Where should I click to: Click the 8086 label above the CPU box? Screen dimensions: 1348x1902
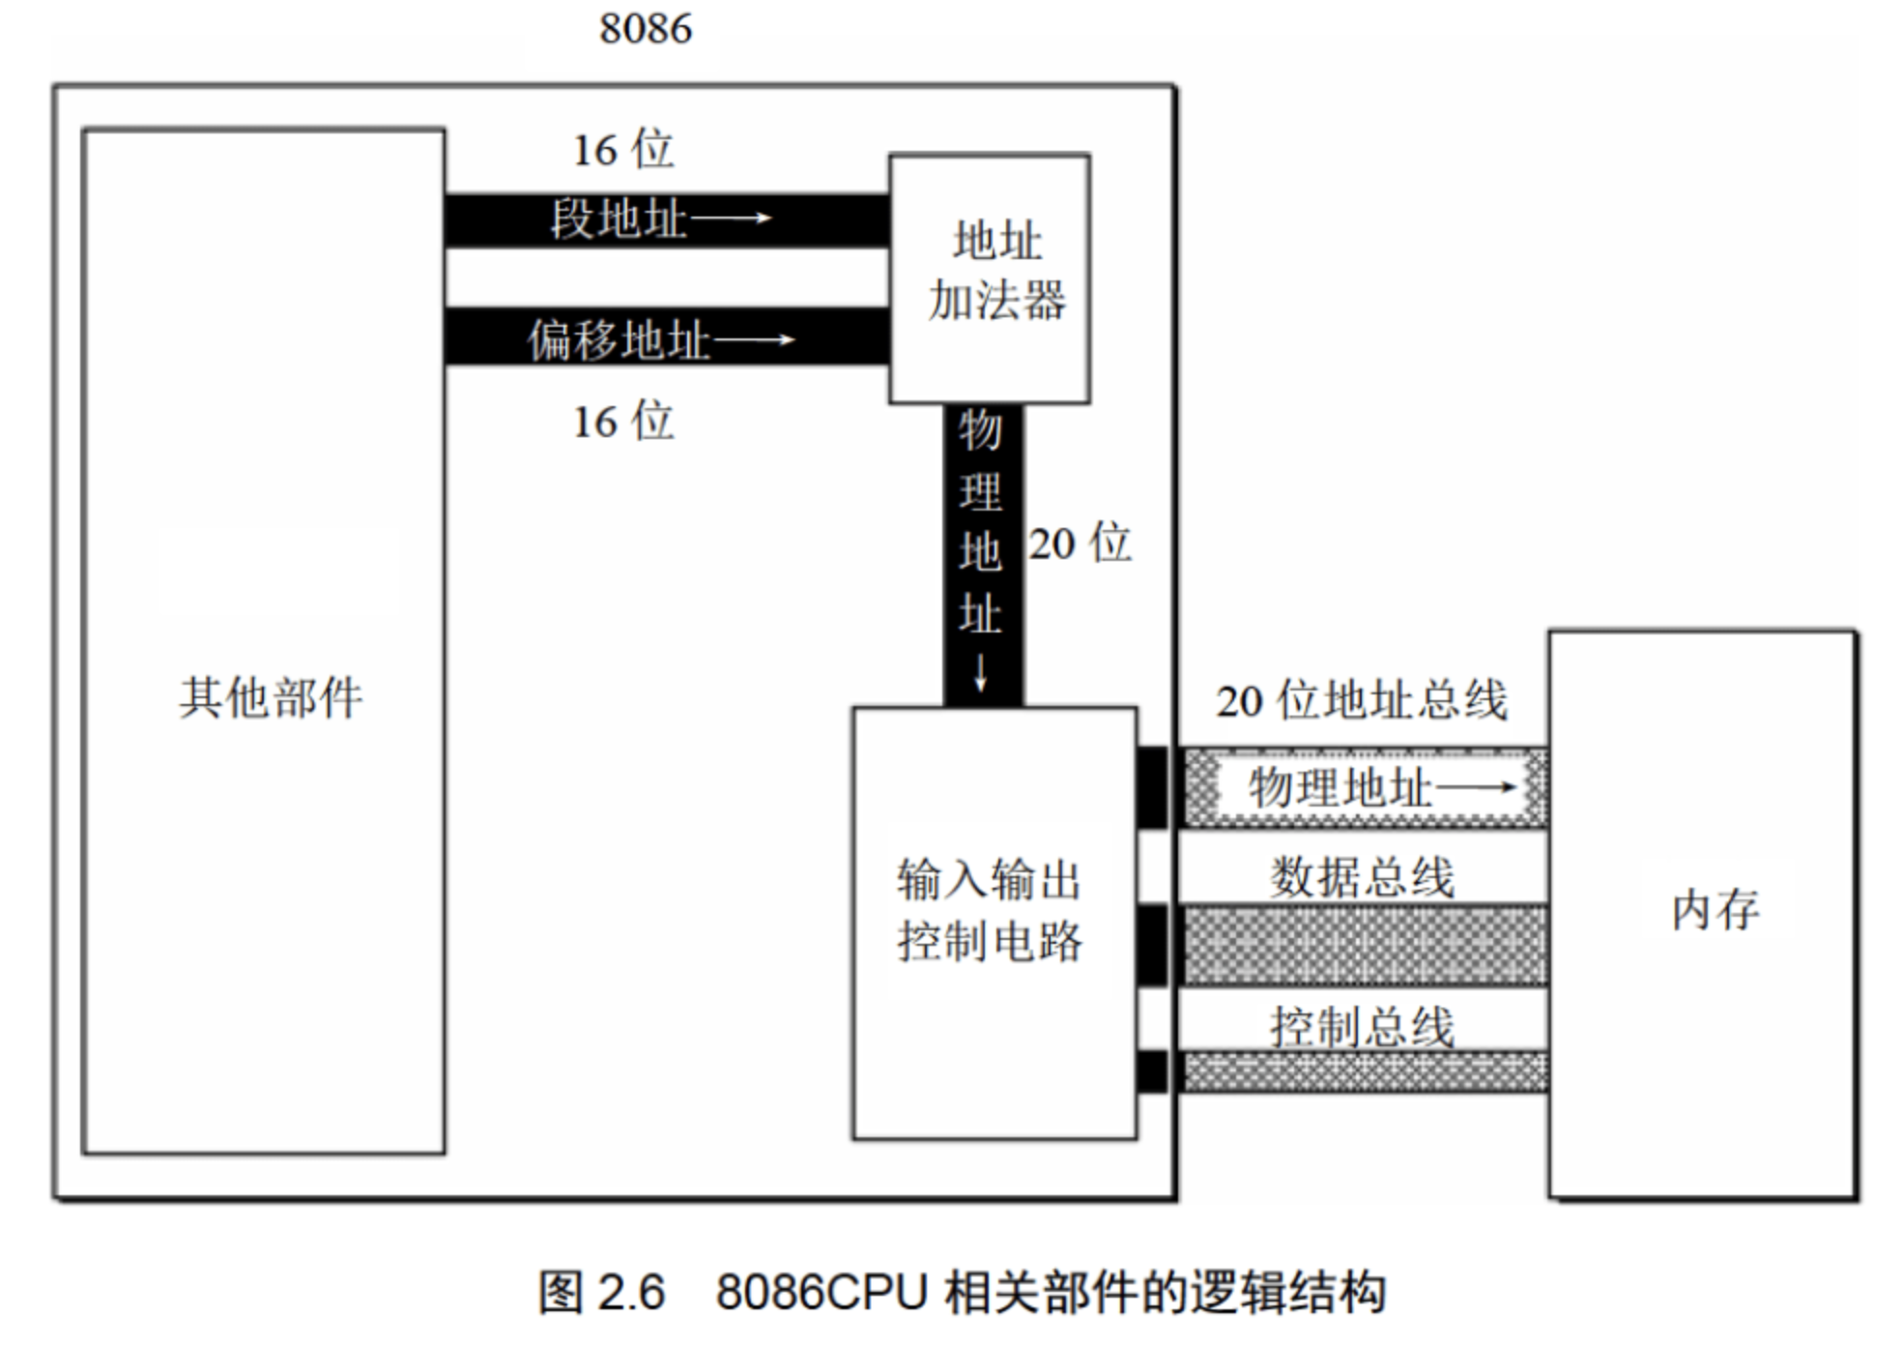point(645,28)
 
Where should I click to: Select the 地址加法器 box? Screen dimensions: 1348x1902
point(990,278)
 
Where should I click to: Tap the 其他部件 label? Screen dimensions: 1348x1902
point(271,697)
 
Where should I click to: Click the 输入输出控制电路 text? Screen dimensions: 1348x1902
point(989,910)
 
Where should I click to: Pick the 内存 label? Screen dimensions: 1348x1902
point(1715,910)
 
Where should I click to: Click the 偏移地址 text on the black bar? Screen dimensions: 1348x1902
point(619,340)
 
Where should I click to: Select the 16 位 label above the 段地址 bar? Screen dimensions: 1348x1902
point(623,150)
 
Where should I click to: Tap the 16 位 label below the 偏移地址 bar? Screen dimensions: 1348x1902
point(623,422)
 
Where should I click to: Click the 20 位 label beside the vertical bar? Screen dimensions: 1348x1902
point(1080,543)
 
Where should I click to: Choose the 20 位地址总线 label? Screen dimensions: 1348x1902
point(1361,700)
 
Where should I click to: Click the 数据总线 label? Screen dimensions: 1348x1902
point(1361,877)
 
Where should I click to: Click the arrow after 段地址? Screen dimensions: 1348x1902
point(732,219)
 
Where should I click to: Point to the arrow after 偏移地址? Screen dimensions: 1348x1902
point(754,339)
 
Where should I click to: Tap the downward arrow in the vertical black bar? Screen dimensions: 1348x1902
point(981,672)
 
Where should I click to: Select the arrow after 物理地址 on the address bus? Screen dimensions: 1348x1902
point(1476,787)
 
